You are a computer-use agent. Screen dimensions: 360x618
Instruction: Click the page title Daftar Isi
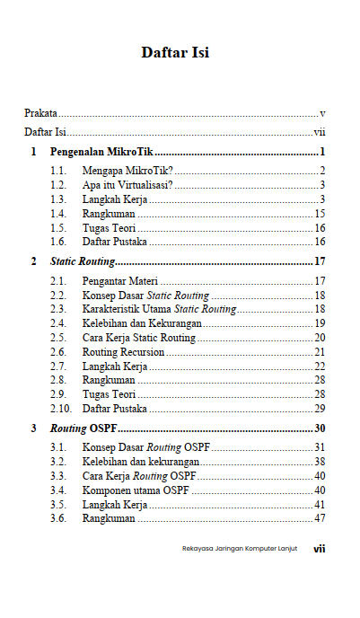175,52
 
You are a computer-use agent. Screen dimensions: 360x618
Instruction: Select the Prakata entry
40,114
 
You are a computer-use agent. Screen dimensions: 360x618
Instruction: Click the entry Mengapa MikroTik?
127,171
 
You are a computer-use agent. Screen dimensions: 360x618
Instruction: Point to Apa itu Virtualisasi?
128,185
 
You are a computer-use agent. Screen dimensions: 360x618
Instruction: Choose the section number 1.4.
58,213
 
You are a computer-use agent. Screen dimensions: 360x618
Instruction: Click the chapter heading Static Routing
83,261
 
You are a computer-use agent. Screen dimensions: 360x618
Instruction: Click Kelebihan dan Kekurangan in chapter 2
142,323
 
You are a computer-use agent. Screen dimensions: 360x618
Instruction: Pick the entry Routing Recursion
123,352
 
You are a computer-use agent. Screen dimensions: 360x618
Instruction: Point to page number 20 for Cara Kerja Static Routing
319,338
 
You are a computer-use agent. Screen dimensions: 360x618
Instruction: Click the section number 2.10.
60,408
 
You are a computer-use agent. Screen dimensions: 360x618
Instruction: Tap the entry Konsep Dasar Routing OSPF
145,447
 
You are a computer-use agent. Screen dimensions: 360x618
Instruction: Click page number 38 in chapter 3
319,461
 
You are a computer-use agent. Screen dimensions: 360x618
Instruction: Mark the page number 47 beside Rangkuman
319,517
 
